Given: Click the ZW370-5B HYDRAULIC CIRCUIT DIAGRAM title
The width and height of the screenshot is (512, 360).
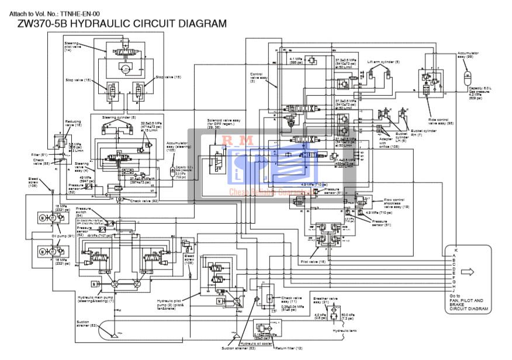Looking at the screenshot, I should [117, 23].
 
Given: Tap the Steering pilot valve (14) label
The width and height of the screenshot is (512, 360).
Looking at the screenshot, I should [73, 47].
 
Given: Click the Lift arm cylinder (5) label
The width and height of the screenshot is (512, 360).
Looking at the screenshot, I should [383, 61].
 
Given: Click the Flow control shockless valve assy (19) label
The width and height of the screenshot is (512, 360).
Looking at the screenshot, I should [396, 203].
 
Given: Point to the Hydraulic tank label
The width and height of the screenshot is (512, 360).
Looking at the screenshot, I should [345, 331].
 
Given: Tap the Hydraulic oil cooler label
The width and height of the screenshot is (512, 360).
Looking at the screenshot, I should [257, 343].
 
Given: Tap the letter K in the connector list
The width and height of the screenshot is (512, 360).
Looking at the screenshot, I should [455, 250].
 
